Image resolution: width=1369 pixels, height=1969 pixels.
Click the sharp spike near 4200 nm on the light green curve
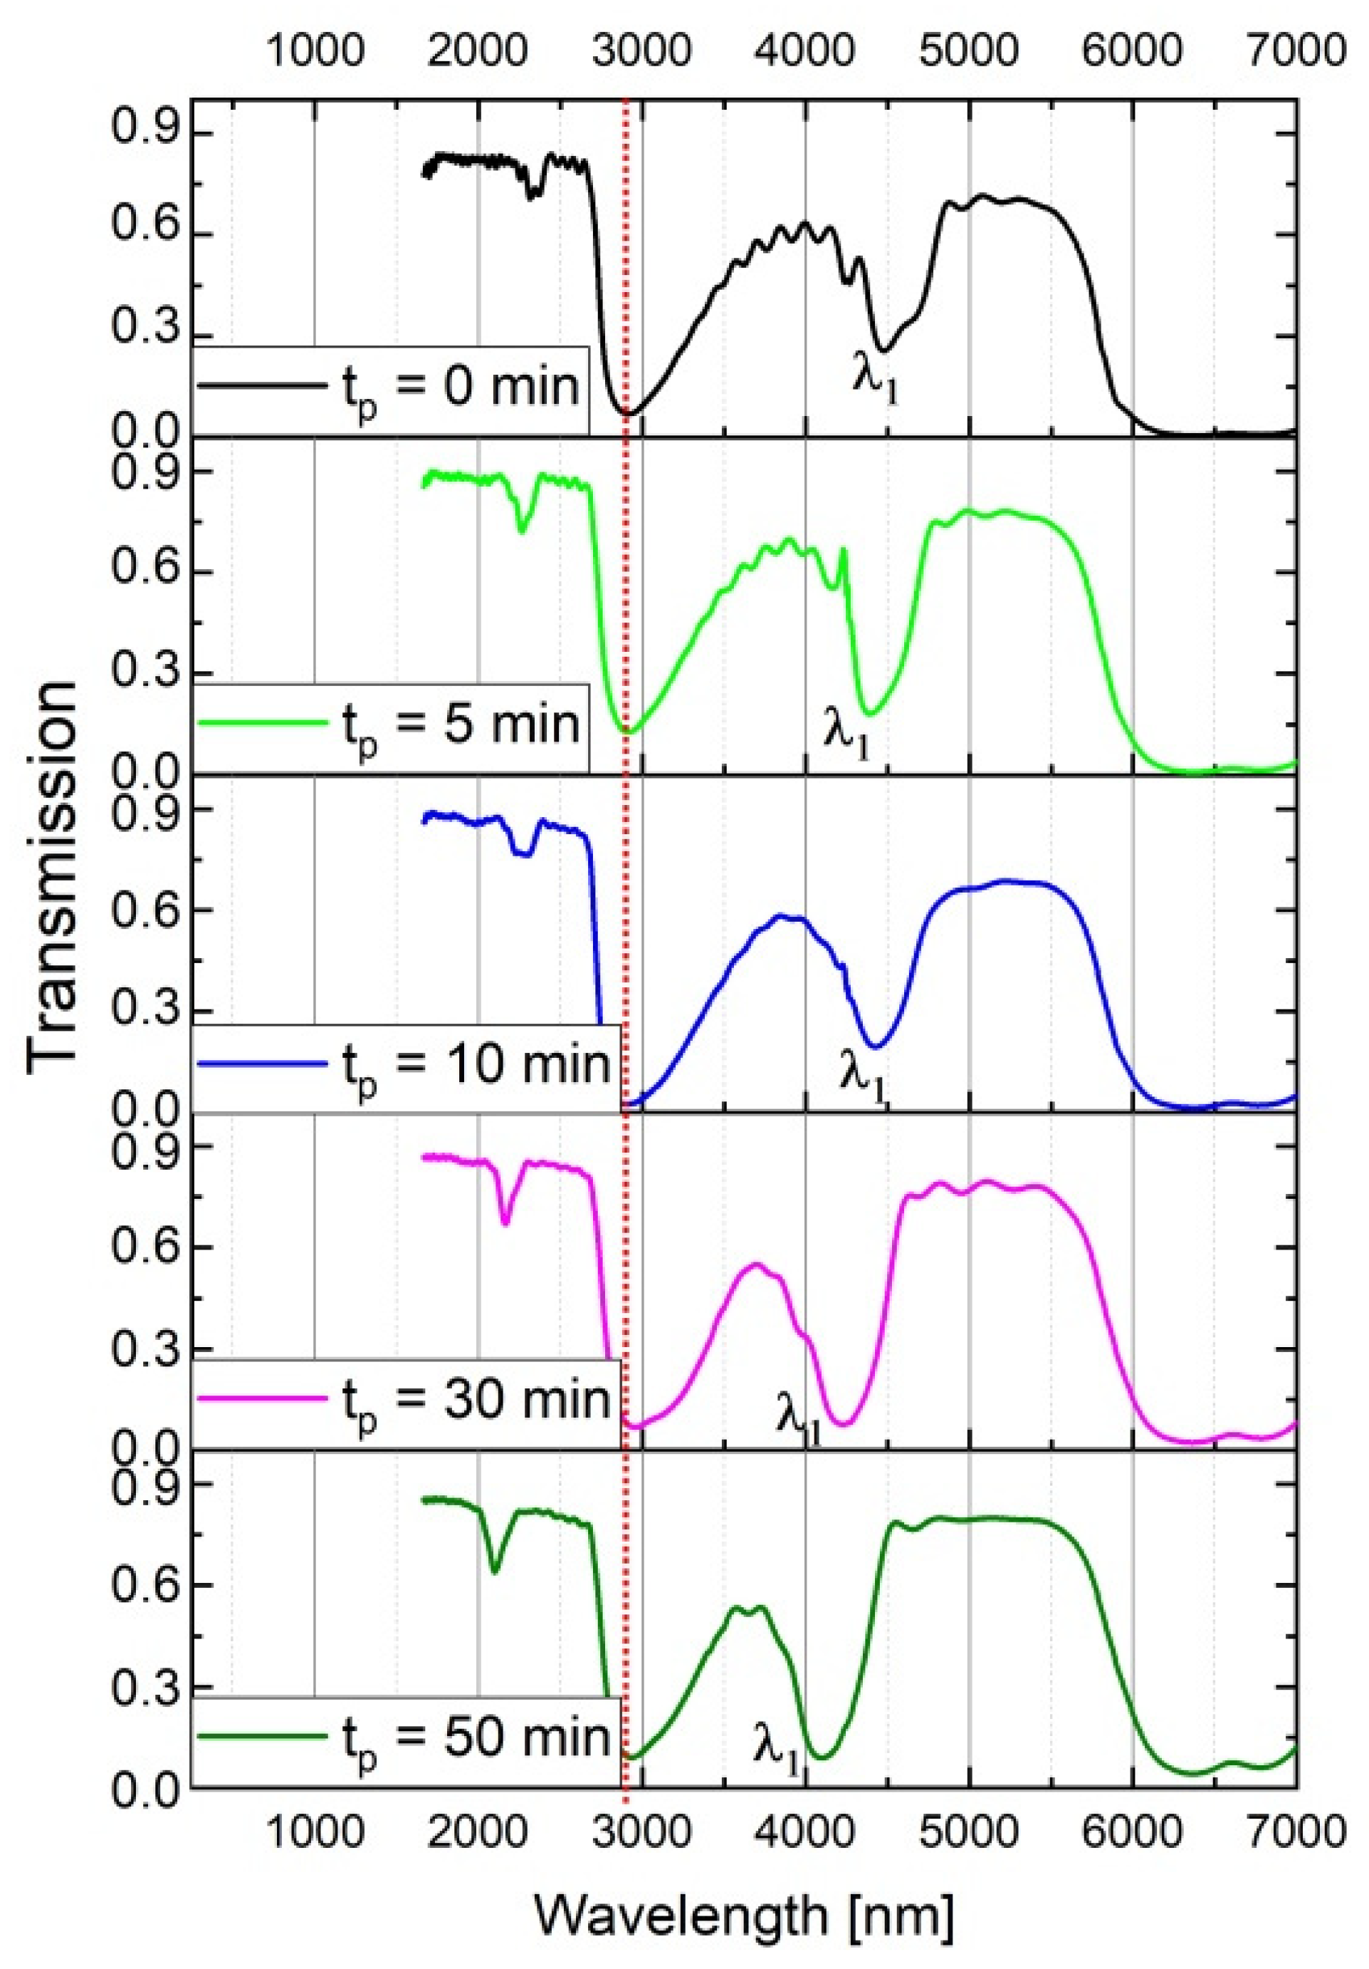click(844, 551)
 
